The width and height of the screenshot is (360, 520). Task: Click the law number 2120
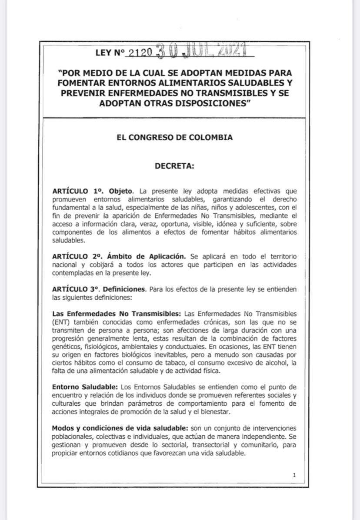140,53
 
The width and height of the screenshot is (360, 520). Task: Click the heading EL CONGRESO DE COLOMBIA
174,137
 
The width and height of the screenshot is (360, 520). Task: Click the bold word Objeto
121,191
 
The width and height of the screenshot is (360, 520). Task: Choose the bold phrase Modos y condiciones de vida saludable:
120,428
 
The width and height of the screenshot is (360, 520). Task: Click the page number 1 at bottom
294,475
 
